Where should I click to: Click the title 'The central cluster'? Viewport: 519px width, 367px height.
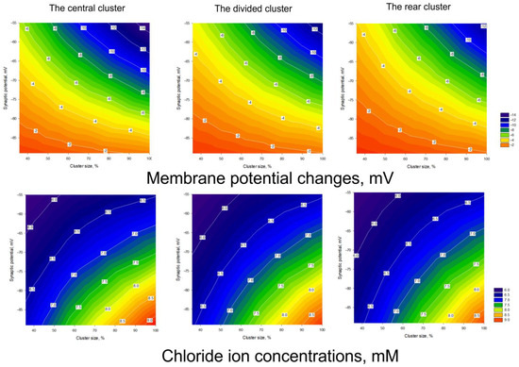point(76,8)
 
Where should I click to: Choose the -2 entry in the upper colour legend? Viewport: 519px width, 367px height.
point(502,146)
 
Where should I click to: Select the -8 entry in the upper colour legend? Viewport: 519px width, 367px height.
point(502,130)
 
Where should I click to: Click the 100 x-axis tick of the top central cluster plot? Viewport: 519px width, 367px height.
point(152,154)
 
